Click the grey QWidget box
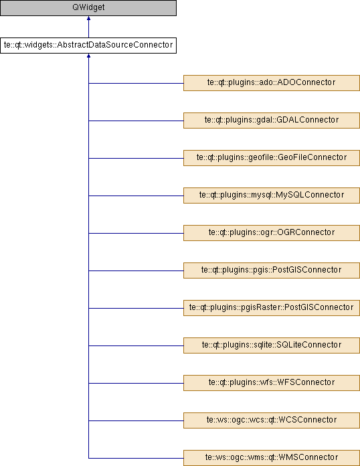coord(88,8)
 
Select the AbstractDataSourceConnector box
coord(88,46)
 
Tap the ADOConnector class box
coord(272,83)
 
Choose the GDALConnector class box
coord(272,121)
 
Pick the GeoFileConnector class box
coord(272,158)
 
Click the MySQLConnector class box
coord(272,196)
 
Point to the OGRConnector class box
coord(272,233)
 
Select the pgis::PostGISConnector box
coord(272,270)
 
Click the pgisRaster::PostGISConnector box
coord(272,307)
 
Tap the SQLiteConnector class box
coord(272,345)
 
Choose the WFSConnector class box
coord(272,382)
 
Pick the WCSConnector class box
coord(272,420)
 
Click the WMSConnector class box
coord(272,458)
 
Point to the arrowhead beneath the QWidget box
coord(88,18)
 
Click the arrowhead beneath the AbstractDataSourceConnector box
coord(88,56)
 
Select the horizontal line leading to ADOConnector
coord(136,83)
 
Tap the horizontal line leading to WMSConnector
coord(136,458)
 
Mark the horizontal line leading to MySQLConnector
coord(136,196)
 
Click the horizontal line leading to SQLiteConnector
coord(136,345)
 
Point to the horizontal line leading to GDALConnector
coord(136,121)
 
